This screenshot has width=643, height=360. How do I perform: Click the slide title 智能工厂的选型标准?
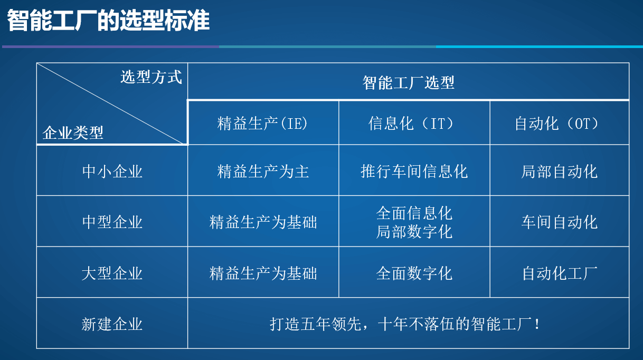click(108, 20)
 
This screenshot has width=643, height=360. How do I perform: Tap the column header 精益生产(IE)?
click(262, 124)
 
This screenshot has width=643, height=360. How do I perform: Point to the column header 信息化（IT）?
click(411, 124)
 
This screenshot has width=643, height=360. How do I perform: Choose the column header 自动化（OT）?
click(556, 124)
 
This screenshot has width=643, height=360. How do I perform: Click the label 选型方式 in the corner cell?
click(151, 77)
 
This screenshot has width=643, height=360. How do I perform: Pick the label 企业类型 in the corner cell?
click(73, 132)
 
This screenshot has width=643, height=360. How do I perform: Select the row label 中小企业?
click(112, 172)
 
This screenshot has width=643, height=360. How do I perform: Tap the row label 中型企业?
click(112, 222)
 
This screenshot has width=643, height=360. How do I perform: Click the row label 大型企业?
click(112, 273)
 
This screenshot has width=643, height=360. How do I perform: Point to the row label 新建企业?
click(112, 324)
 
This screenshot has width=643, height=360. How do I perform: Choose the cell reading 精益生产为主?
click(263, 172)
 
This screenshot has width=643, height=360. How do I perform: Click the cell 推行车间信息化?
click(414, 172)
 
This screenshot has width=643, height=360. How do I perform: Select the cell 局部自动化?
click(560, 172)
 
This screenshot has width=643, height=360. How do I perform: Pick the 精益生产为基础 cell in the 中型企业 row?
click(263, 222)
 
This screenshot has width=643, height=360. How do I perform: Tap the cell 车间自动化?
click(560, 222)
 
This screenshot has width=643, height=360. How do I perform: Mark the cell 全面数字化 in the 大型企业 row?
click(414, 273)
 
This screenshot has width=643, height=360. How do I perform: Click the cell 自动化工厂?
click(560, 273)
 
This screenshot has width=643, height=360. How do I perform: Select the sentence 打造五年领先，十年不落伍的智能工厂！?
click(405, 324)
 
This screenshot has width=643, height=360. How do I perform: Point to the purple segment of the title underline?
click(110, 46)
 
